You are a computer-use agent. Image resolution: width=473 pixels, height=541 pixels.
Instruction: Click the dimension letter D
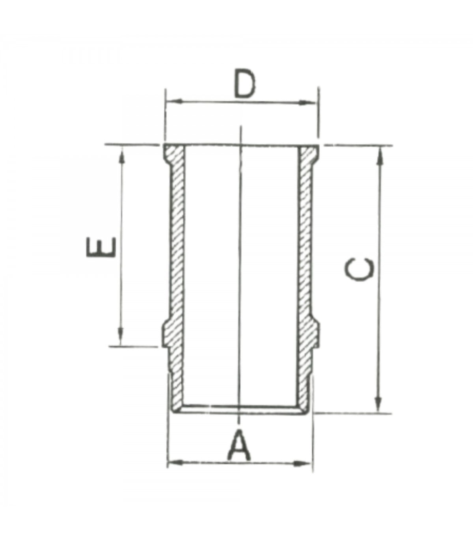point(244,84)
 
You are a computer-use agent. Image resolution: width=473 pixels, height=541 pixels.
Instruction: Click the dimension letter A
point(239,446)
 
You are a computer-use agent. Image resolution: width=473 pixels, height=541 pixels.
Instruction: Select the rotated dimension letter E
point(101,247)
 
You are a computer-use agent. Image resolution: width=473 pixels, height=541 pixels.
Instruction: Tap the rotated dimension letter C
point(359,270)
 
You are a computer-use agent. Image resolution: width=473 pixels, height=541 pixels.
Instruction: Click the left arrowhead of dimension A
point(175,462)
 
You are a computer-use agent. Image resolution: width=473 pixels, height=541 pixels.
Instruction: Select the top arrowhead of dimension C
point(380,155)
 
